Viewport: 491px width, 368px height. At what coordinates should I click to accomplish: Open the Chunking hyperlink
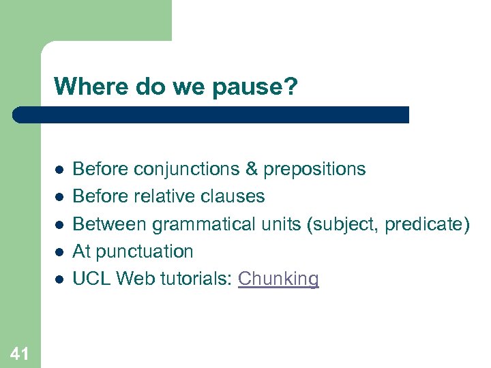(x=278, y=279)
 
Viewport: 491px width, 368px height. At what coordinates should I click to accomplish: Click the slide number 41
(x=20, y=352)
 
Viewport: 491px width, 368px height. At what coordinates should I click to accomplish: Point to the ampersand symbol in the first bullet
(x=251, y=169)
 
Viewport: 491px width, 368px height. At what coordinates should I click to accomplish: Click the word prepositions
(x=314, y=169)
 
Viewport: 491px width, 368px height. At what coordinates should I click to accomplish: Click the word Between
(x=110, y=224)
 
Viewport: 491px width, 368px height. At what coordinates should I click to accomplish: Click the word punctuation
(x=145, y=251)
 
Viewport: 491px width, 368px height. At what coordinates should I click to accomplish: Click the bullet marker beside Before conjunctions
(x=59, y=170)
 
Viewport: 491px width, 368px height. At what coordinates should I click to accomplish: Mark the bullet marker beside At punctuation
(x=59, y=252)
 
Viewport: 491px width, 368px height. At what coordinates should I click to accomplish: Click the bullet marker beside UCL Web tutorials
(x=59, y=279)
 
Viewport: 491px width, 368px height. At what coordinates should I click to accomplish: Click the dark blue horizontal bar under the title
(x=211, y=114)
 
